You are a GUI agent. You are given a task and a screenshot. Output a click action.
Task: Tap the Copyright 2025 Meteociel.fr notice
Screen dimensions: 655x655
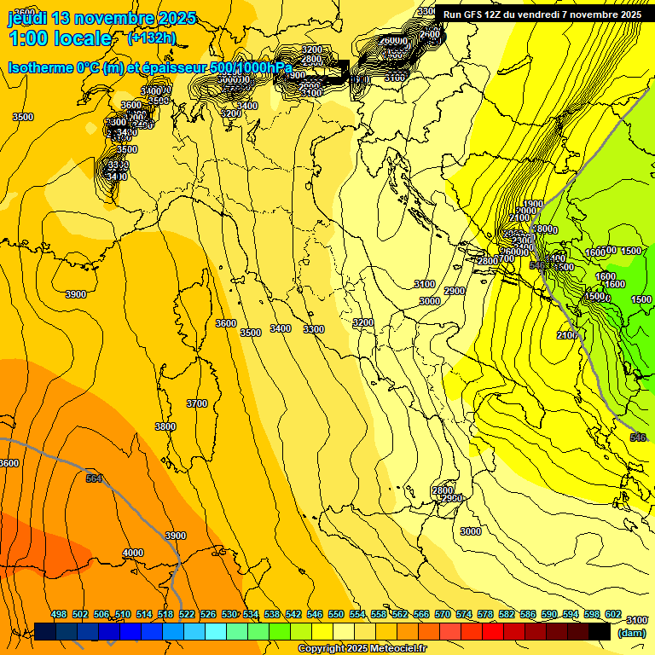pyautogui.click(x=362, y=649)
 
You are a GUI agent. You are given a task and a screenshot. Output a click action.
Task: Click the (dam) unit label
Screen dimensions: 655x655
pyautogui.click(x=631, y=633)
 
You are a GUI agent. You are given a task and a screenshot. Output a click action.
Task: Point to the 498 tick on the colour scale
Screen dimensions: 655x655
pyautogui.click(x=59, y=615)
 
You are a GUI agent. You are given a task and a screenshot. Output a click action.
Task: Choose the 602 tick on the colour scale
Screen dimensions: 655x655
pyautogui.click(x=613, y=615)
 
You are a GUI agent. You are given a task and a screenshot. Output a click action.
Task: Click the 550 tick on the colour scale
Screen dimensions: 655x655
pyautogui.click(x=336, y=615)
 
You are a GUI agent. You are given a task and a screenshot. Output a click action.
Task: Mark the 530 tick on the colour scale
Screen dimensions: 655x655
pyautogui.click(x=229, y=615)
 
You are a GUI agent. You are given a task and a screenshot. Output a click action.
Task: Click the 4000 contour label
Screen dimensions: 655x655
pyautogui.click(x=133, y=554)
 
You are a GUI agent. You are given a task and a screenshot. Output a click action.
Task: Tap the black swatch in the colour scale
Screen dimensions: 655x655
pyautogui.click(x=600, y=632)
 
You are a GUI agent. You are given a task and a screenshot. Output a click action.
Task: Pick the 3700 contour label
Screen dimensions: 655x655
pyautogui.click(x=197, y=403)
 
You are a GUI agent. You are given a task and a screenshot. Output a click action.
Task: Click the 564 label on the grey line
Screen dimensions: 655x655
pyautogui.click(x=94, y=478)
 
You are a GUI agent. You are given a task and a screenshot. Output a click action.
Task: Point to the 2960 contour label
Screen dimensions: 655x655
pyautogui.click(x=451, y=499)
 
